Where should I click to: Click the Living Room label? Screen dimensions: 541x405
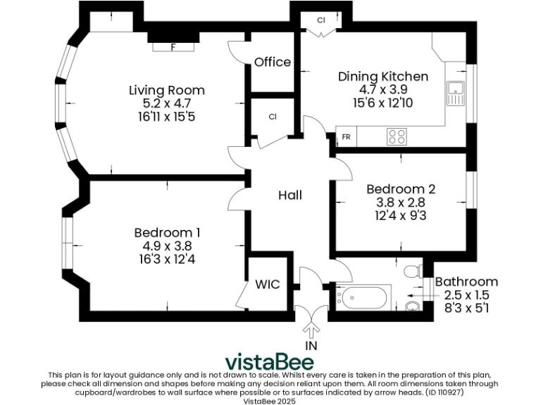pyautogui.click(x=167, y=90)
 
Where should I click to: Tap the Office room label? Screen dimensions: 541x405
pyautogui.click(x=273, y=62)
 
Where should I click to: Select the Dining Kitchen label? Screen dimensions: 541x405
pyautogui.click(x=383, y=77)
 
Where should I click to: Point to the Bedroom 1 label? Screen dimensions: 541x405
pyautogui.click(x=167, y=233)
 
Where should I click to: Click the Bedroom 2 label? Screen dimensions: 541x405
pyautogui.click(x=401, y=189)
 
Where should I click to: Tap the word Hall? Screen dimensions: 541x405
pyautogui.click(x=290, y=195)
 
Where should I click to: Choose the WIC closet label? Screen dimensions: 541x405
pyautogui.click(x=268, y=285)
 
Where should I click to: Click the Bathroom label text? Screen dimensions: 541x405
pyautogui.click(x=466, y=282)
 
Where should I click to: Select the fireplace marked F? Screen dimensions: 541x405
pyautogui.click(x=173, y=47)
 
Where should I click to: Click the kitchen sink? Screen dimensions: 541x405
pyautogui.click(x=456, y=94)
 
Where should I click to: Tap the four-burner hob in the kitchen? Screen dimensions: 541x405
pyautogui.click(x=397, y=136)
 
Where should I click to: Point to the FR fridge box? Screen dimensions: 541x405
pyautogui.click(x=346, y=136)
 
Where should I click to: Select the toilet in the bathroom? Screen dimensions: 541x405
pyautogui.click(x=413, y=271)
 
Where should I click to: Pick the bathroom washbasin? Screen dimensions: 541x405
pyautogui.click(x=413, y=306)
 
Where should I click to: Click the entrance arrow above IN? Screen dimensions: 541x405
pyautogui.click(x=311, y=330)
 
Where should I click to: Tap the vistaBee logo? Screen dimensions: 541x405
pyautogui.click(x=270, y=361)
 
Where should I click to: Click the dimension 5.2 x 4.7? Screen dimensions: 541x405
pyautogui.click(x=167, y=103)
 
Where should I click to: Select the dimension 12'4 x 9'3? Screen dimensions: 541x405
pyautogui.click(x=401, y=216)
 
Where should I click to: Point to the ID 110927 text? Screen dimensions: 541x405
pyautogui.click(x=444, y=392)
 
